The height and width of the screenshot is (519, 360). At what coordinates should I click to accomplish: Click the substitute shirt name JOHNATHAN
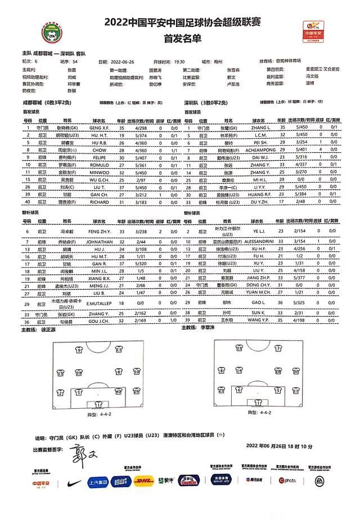click(x=101, y=241)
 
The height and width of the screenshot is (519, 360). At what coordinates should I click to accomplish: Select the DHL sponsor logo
click(x=145, y=481)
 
